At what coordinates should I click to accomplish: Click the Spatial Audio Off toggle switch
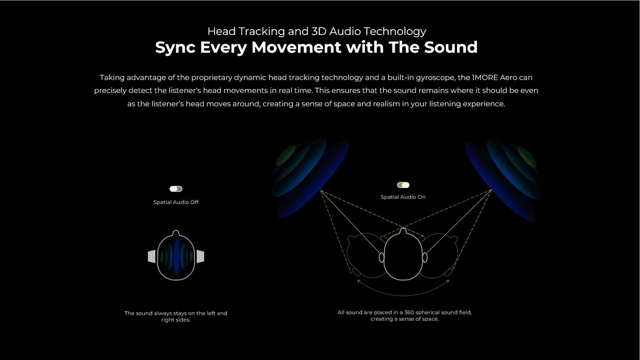point(176,189)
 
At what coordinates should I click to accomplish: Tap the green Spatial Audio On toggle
point(403,185)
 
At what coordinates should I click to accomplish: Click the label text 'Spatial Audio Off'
point(176,202)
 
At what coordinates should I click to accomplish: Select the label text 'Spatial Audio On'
point(403,197)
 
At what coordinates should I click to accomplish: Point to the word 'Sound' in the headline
point(451,47)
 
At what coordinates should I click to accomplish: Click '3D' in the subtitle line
point(319,31)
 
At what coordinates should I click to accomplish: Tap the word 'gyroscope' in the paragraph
point(433,77)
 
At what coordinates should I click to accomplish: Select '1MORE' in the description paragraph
point(485,77)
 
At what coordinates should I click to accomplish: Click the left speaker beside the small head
point(151,256)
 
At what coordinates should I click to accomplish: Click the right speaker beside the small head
point(200,256)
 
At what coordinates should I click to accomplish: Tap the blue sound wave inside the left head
point(176,257)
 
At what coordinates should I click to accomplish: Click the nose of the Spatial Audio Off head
point(176,233)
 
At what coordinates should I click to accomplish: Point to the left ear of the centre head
point(381,257)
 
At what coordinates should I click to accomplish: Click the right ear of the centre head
point(425,257)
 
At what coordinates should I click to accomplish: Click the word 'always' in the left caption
point(163,314)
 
